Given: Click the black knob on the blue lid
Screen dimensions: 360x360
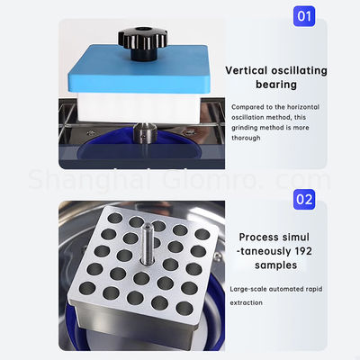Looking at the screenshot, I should [x=136, y=40].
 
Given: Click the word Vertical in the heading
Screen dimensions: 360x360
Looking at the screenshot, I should [x=247, y=69].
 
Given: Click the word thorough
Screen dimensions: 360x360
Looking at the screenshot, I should [x=249, y=139].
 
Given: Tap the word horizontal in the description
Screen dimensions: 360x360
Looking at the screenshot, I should [x=304, y=107].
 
